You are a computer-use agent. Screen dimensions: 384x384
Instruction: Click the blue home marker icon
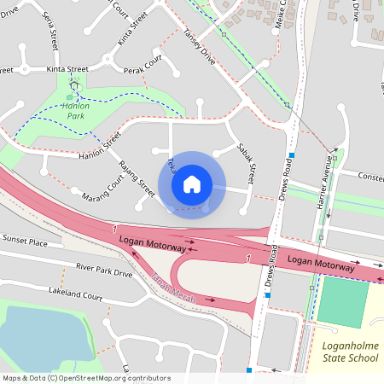(x=192, y=184)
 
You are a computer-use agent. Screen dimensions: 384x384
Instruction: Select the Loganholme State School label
(x=350, y=352)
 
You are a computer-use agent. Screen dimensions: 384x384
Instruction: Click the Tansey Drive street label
(x=199, y=48)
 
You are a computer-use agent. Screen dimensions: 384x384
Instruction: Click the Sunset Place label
(x=25, y=241)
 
